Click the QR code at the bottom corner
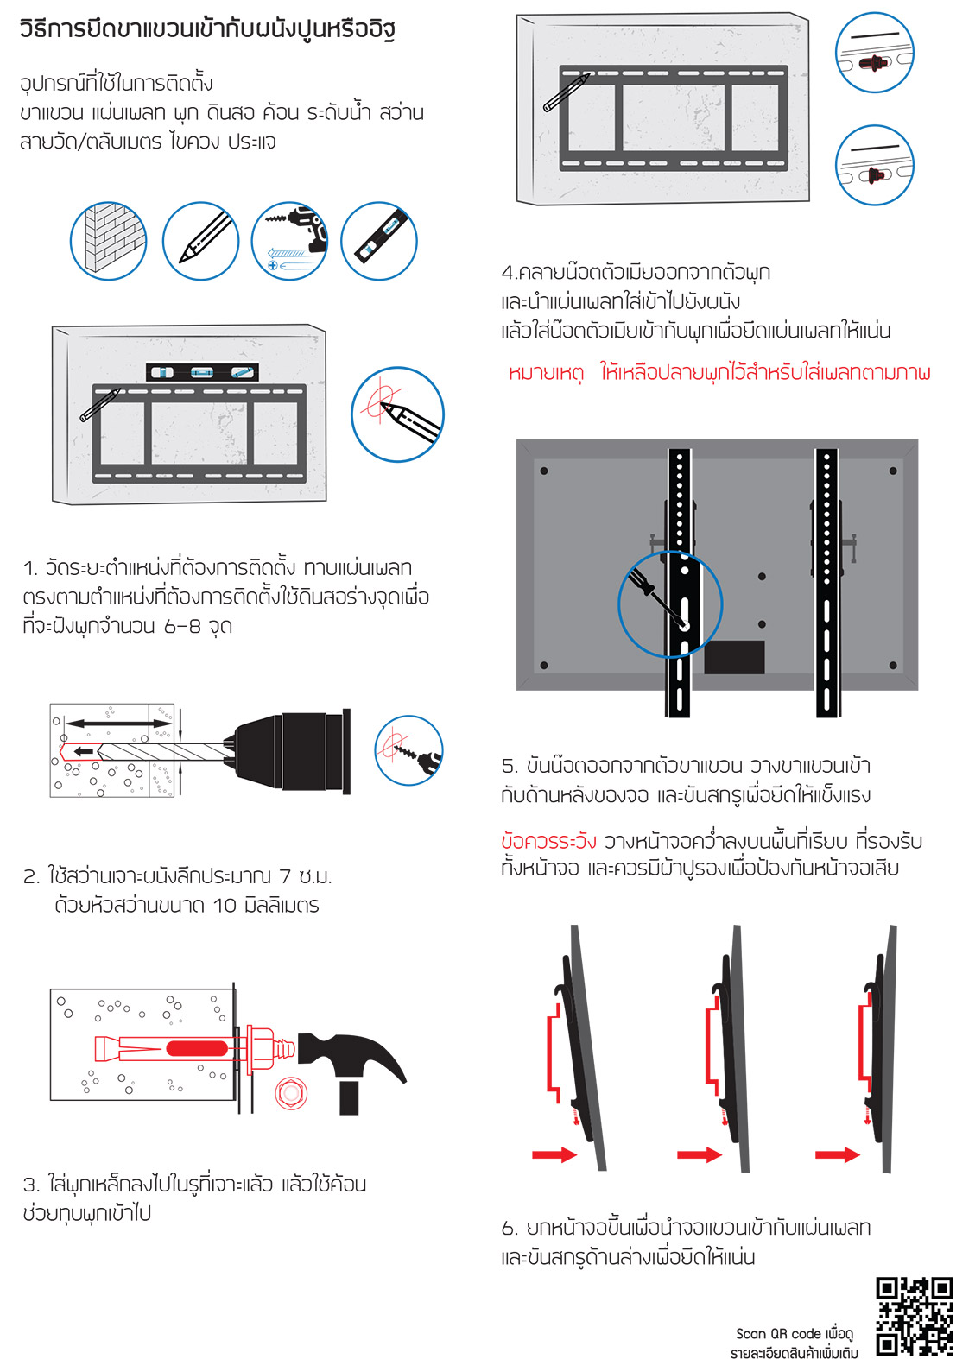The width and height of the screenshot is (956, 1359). pyautogui.click(x=914, y=1317)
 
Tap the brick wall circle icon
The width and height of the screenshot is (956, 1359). pyautogui.click(x=108, y=241)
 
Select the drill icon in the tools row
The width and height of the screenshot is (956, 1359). pyautogui.click(x=289, y=241)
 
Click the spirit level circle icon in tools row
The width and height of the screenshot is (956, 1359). pyautogui.click(x=379, y=241)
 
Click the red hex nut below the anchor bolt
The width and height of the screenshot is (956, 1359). pyautogui.click(x=291, y=1093)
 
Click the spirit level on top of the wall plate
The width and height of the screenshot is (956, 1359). pyautogui.click(x=202, y=372)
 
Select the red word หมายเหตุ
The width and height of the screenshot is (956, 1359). pyautogui.click(x=546, y=373)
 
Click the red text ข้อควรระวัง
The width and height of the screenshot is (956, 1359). pyautogui.click(x=548, y=842)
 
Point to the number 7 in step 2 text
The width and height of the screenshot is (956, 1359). pyautogui.click(x=285, y=876)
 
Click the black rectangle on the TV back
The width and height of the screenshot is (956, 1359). pyautogui.click(x=734, y=657)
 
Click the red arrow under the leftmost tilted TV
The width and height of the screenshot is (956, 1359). pyautogui.click(x=554, y=1154)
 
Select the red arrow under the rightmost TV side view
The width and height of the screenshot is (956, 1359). pyautogui.click(x=837, y=1154)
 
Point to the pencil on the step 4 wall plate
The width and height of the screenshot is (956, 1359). pyautogui.click(x=566, y=93)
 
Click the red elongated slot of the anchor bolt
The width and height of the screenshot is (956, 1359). pyautogui.click(x=197, y=1048)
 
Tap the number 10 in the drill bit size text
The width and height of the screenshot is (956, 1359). pyautogui.click(x=224, y=906)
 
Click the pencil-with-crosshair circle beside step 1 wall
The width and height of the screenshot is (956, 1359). pyautogui.click(x=397, y=414)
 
